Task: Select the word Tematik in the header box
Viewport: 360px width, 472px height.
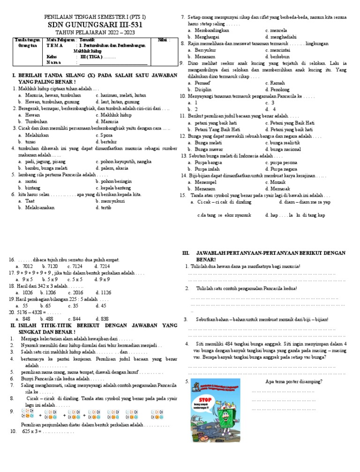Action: (x=86, y=40)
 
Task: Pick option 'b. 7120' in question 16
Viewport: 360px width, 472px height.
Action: (x=50, y=266)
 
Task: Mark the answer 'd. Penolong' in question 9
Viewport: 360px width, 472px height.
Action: (x=280, y=89)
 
